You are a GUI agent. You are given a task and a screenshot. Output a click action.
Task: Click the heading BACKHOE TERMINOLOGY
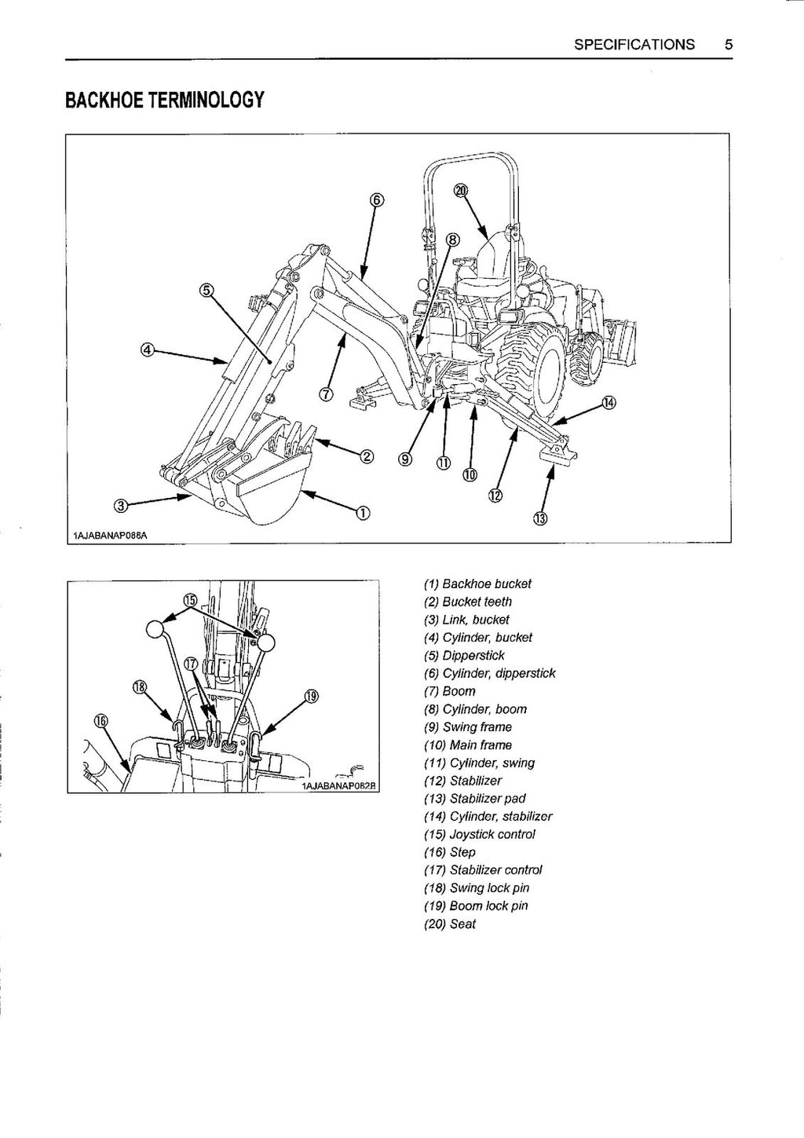(x=164, y=101)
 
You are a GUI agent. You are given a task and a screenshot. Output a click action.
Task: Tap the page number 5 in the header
(x=729, y=45)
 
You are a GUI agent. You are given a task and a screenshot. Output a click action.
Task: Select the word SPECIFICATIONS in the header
(x=634, y=45)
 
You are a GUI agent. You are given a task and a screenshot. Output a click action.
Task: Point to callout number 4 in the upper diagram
(x=147, y=349)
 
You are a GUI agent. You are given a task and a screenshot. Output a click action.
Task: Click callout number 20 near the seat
(x=461, y=189)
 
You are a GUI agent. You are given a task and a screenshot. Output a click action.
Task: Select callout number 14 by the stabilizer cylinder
(x=608, y=403)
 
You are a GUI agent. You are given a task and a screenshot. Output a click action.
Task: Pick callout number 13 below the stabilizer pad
(x=541, y=518)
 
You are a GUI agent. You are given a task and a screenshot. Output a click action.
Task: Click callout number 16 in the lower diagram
(x=100, y=719)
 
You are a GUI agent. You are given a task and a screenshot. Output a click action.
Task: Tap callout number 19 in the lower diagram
(x=312, y=695)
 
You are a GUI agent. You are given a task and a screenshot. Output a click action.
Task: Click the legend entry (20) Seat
(x=449, y=924)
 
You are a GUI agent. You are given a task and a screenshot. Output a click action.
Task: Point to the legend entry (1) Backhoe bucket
(x=477, y=584)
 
